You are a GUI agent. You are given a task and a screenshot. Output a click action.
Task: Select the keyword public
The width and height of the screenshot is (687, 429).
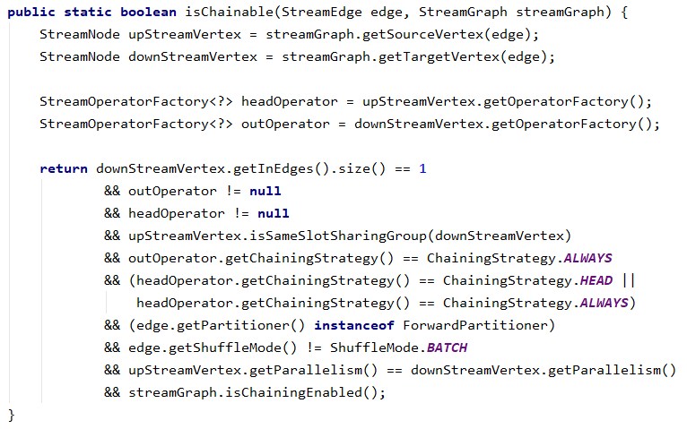coord(31,13)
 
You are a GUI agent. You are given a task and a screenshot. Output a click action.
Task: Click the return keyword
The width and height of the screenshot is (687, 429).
coord(64,168)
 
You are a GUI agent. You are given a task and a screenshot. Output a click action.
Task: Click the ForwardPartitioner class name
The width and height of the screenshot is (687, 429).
coord(479,324)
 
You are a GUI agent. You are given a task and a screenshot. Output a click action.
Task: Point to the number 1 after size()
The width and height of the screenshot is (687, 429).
coord(423,168)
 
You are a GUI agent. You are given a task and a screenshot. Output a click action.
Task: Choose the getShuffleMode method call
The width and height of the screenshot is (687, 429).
coord(209,347)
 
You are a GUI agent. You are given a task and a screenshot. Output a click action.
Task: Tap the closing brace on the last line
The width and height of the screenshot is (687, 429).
coord(12,414)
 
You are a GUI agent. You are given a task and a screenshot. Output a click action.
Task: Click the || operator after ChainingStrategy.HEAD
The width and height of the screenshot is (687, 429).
coord(628,280)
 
